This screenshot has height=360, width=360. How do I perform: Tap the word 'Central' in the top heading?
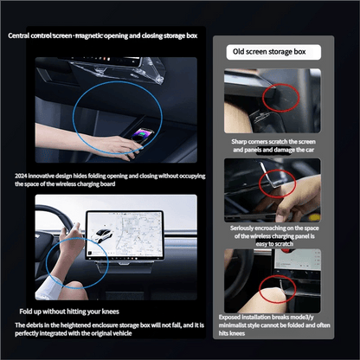click(x=21, y=35)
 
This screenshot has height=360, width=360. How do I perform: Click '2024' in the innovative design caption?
click(x=22, y=176)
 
